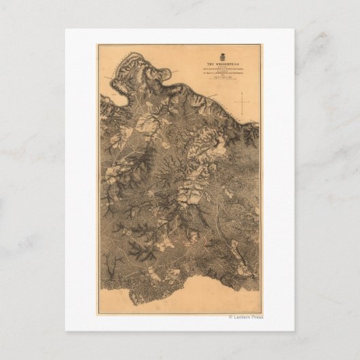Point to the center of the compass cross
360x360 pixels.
(x=242, y=102)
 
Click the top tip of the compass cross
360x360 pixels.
(x=242, y=93)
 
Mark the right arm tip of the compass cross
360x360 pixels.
(x=252, y=102)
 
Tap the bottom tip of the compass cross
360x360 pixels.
(x=242, y=112)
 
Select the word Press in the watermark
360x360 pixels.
(x=257, y=317)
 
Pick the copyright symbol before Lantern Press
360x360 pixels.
(x=231, y=317)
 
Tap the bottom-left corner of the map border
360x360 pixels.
(x=99, y=312)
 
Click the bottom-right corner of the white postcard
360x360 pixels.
(x=294, y=331)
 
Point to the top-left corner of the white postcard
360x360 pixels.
(x=66, y=29)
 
